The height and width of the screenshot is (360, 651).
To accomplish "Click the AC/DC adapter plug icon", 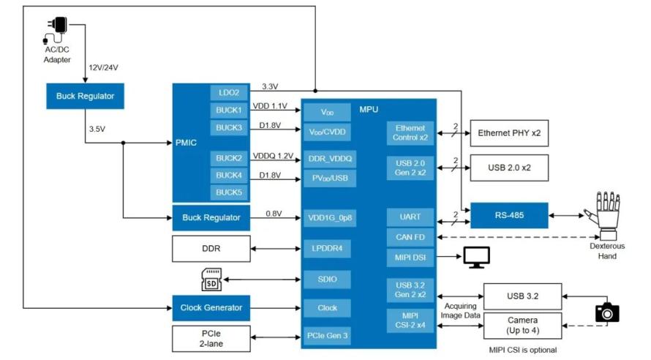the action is (56, 30).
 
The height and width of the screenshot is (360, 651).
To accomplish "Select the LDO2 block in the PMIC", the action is (229, 93).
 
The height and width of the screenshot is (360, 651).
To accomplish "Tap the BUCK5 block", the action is (229, 192).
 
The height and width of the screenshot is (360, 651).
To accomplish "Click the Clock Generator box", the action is (211, 308).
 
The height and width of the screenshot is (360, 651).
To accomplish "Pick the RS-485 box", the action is (509, 216).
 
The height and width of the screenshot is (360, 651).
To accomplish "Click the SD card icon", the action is (211, 280).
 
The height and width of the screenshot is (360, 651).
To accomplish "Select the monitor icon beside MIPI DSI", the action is (477, 258).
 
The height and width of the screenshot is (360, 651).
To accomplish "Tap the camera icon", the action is (607, 312).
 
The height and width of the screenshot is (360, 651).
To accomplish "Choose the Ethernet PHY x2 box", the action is (509, 133).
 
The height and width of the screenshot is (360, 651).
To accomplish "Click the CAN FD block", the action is (410, 237).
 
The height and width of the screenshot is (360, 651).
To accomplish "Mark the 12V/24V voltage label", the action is (103, 67).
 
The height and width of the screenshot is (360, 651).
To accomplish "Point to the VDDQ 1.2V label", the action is (273, 156).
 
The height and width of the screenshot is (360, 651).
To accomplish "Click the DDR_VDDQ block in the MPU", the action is (330, 159).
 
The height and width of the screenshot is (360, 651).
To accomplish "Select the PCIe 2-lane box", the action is (211, 339).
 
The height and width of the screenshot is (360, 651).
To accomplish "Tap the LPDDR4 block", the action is (327, 249).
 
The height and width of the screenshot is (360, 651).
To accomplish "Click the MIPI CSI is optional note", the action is (523, 350).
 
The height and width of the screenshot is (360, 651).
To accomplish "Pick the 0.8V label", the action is (274, 214).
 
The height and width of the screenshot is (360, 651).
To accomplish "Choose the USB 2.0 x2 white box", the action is (509, 168).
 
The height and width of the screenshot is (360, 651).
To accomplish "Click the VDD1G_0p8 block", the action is (330, 218).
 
